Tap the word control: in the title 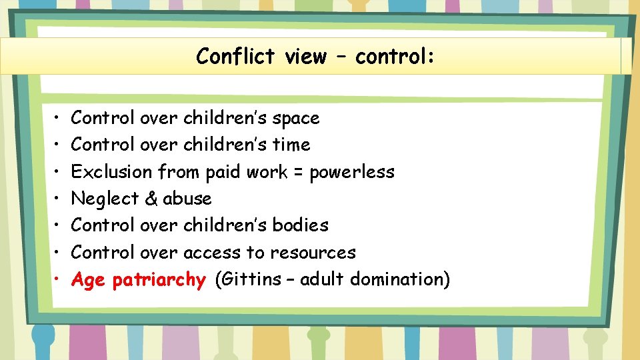(395, 57)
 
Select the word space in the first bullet (296, 119)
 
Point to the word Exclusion (111, 172)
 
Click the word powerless (352, 172)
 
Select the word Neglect (104, 199)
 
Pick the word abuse (187, 199)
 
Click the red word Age (88, 281)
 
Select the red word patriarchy (159, 280)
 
